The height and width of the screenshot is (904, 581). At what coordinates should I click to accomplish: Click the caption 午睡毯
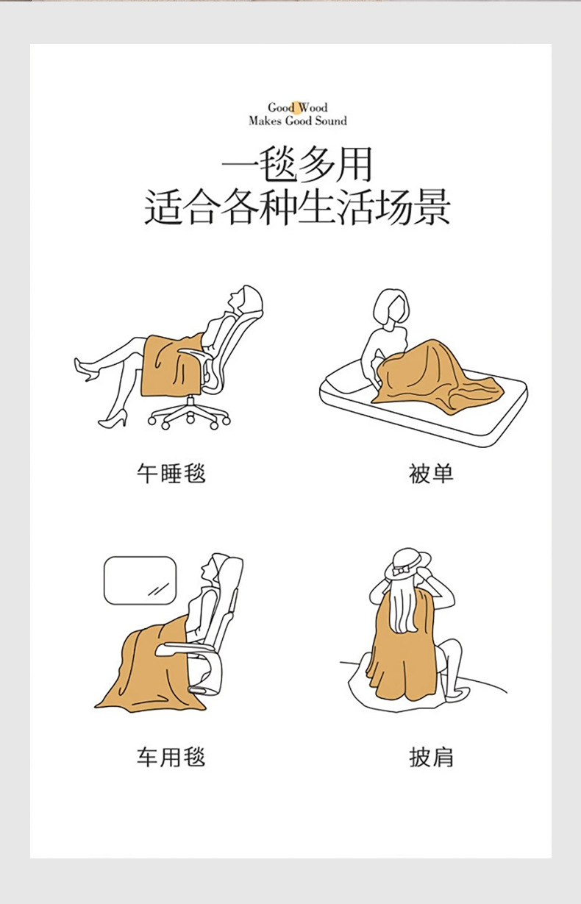click(x=171, y=473)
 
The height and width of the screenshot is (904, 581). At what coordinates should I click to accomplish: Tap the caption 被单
click(x=431, y=473)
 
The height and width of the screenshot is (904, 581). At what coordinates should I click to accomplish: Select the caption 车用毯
click(x=171, y=757)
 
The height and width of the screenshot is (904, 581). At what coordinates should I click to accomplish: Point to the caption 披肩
click(x=431, y=757)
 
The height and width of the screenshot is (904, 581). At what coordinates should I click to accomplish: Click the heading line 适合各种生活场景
click(x=297, y=207)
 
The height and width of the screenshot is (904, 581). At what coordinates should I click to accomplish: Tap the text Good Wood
click(x=297, y=107)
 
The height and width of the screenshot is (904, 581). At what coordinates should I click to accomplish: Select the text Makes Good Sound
click(x=297, y=121)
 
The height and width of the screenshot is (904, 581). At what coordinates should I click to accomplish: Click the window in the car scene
click(x=140, y=580)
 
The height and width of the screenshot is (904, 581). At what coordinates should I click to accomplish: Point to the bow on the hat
click(x=402, y=570)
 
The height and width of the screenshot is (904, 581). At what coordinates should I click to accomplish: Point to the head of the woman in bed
click(x=391, y=307)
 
